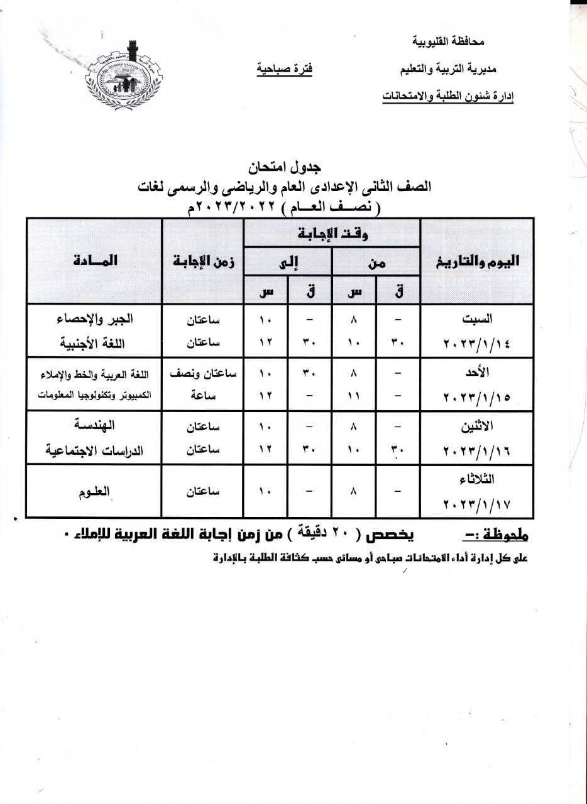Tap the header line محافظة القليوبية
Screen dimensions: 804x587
pyautogui.click(x=447, y=41)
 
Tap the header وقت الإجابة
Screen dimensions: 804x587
pyautogui.click(x=332, y=234)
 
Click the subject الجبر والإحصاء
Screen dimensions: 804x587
pyautogui.click(x=95, y=319)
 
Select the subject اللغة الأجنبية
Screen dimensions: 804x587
pyautogui.click(x=95, y=344)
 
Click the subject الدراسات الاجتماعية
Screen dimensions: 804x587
pyautogui.click(x=95, y=451)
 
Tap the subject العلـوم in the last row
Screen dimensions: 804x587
pyautogui.click(x=95, y=492)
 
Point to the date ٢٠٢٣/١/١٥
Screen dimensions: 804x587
pyautogui.click(x=477, y=398)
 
